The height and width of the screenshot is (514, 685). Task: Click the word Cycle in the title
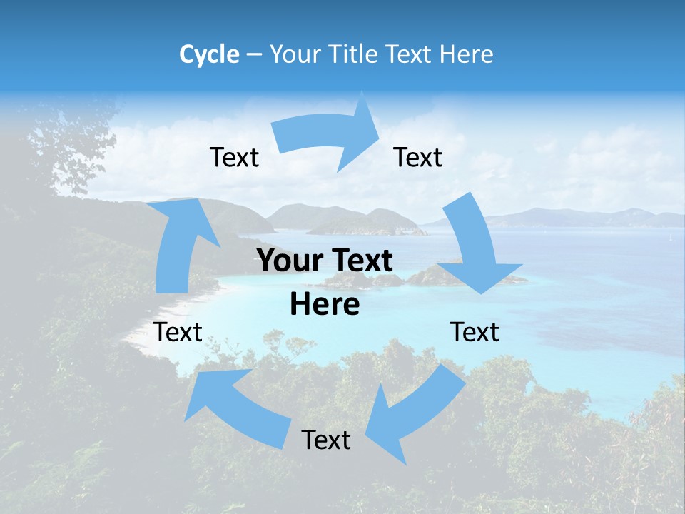(209, 54)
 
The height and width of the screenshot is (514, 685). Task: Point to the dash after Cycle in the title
(254, 55)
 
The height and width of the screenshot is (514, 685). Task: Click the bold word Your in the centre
(284, 261)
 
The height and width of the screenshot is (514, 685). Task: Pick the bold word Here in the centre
(325, 305)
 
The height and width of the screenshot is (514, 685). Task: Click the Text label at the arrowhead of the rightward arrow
(418, 157)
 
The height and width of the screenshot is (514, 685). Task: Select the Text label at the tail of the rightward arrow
(234, 157)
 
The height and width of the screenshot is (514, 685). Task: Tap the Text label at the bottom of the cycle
(326, 440)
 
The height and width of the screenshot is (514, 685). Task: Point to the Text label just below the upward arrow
(178, 332)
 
